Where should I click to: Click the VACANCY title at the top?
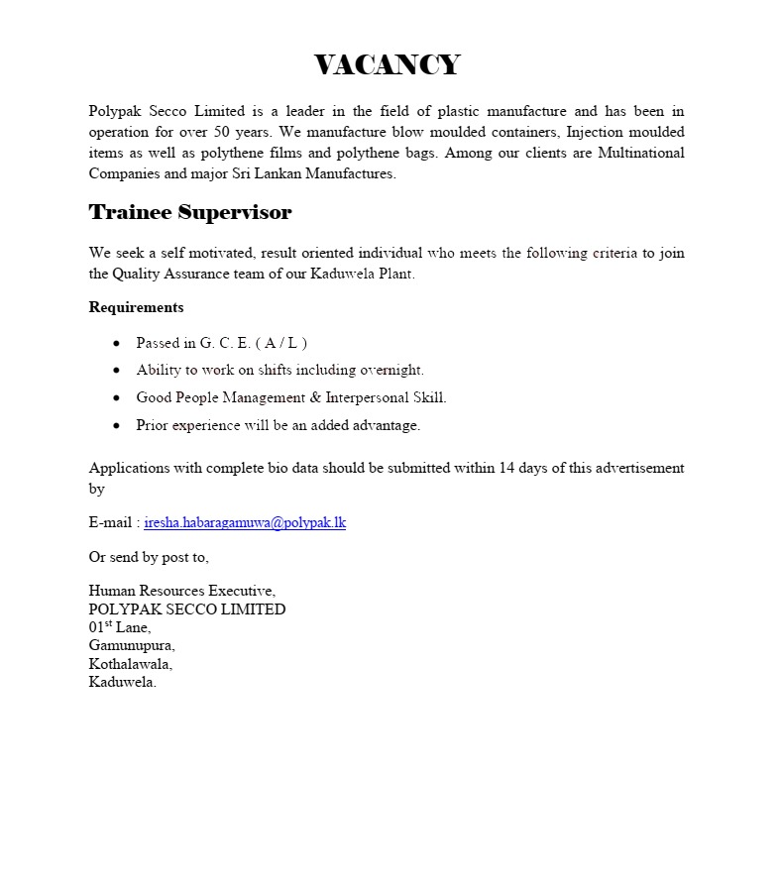tap(388, 65)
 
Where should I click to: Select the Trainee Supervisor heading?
tap(190, 212)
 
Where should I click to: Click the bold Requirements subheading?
tap(136, 307)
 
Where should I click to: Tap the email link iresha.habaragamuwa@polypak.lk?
tap(245, 522)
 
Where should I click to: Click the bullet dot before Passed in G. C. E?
tap(117, 343)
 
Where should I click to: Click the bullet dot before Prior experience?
tap(117, 425)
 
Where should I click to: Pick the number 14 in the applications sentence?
tap(507, 468)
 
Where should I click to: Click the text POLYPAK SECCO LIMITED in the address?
tap(187, 609)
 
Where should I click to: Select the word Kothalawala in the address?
tap(130, 664)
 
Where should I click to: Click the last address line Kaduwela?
tap(123, 682)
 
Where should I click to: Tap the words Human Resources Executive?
tap(182, 591)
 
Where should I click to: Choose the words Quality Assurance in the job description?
tap(169, 274)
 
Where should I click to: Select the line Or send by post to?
tap(149, 557)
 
